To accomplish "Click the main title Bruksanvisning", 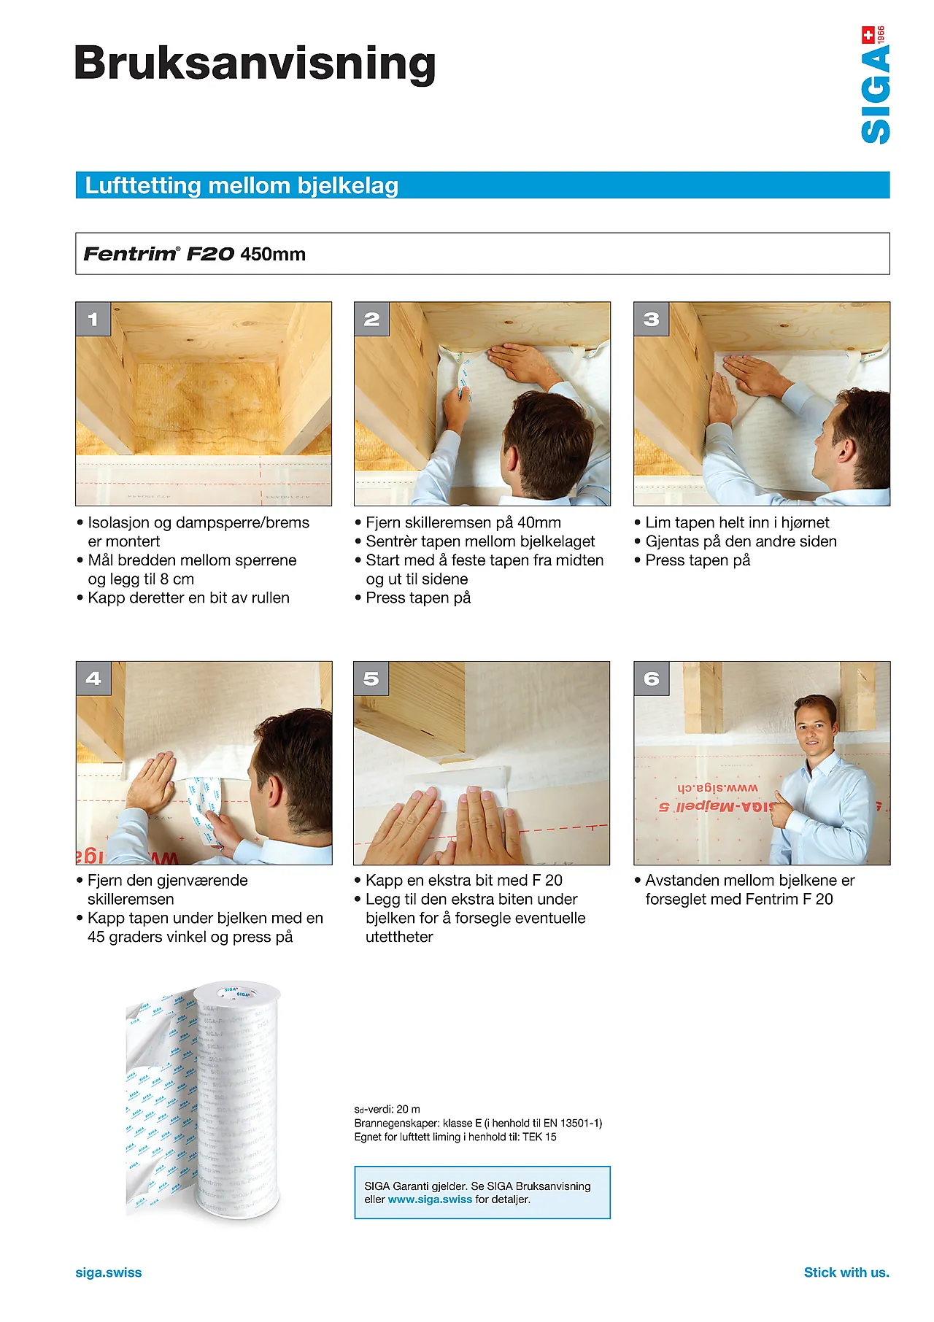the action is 255,63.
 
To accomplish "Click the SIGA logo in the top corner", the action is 875,85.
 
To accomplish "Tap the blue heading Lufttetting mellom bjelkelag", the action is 242,185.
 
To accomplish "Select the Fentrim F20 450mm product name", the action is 195,254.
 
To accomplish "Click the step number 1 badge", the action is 93,319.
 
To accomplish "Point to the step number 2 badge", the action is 371,319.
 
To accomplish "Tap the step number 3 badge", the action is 652,319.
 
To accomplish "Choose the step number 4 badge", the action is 93,679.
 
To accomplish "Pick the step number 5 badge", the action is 371,679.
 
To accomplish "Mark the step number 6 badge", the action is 652,679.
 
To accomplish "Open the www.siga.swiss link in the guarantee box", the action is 430,1199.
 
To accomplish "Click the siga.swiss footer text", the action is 109,1272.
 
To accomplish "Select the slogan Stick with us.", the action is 846,1272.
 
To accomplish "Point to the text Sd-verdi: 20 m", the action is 387,1109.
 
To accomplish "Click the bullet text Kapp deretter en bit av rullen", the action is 188,598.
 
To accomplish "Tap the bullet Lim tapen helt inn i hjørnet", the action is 737,522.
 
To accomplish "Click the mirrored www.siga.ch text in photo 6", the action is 717,788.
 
